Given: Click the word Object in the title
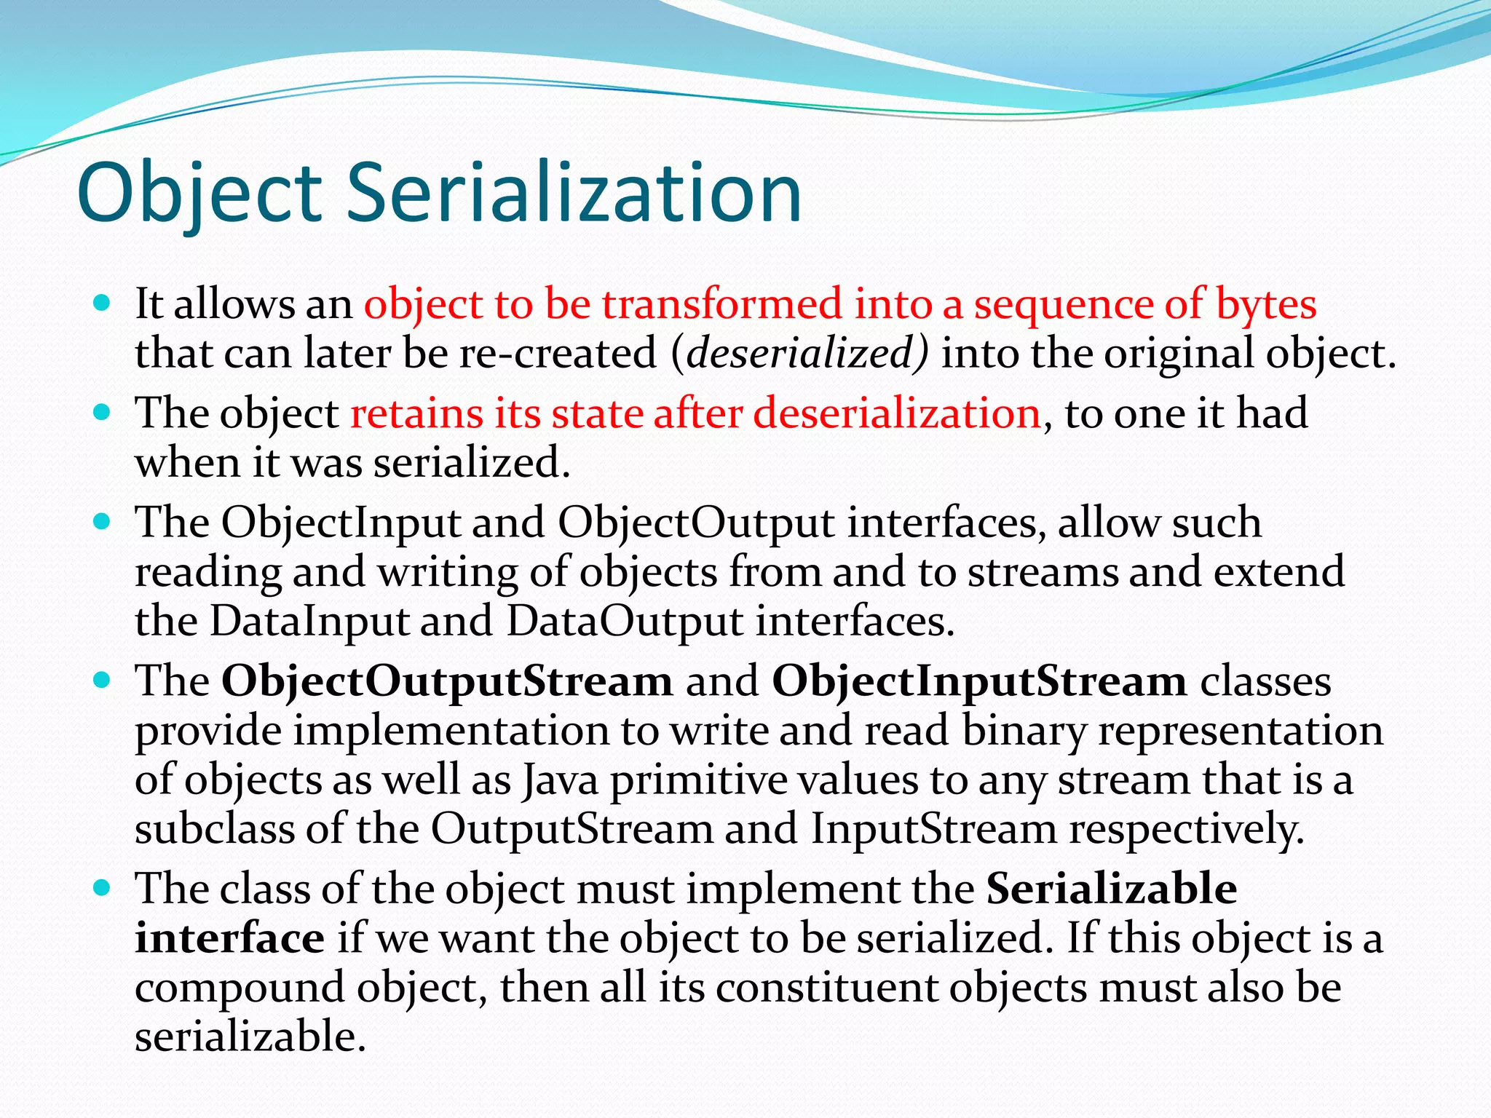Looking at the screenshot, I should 199,194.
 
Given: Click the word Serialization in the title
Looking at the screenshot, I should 573,194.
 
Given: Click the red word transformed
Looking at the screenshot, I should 721,304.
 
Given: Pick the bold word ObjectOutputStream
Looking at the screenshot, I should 447,681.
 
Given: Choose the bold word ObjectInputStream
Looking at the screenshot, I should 978,681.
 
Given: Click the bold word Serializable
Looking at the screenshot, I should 1111,888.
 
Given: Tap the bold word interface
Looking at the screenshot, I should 229,937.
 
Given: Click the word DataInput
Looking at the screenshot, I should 309,622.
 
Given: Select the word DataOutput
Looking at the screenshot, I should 624,622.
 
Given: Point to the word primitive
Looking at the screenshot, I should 698,780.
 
